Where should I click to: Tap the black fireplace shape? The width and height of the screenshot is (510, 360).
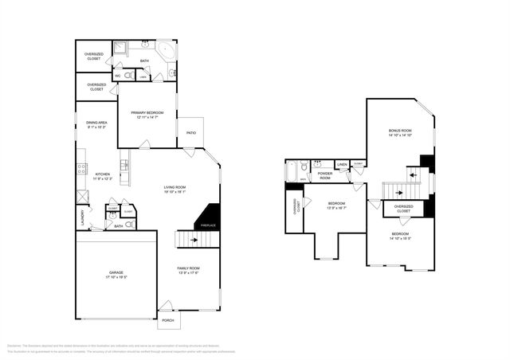[x=210, y=217]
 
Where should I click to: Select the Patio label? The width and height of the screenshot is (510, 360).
[x=191, y=132]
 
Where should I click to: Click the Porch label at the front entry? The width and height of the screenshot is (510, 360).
[x=168, y=320]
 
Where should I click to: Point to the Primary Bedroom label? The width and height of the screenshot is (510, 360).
[x=147, y=113]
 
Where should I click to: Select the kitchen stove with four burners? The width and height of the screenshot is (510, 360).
[x=81, y=168]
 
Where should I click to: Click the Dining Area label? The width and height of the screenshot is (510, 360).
[x=96, y=123]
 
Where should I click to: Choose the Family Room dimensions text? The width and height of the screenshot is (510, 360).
[x=188, y=274]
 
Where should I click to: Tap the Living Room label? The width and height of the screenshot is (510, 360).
[x=175, y=187]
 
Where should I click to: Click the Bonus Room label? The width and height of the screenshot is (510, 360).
[x=400, y=130]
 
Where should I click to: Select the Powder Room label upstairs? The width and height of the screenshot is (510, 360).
[x=324, y=175]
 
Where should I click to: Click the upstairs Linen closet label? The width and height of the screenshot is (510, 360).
[x=343, y=165]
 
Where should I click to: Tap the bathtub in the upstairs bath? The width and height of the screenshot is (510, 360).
[x=292, y=171]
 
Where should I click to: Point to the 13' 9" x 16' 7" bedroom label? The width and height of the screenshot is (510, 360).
[x=335, y=205]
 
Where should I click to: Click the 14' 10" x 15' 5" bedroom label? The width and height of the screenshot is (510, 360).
[x=400, y=237]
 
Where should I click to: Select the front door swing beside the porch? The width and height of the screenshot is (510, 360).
[x=166, y=306]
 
